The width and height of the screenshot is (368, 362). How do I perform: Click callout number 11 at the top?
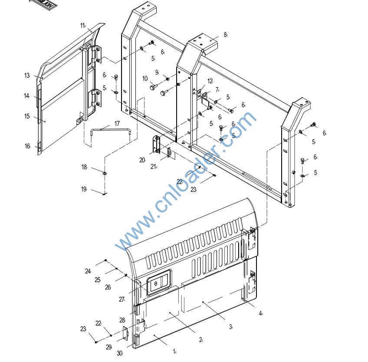click(x=82, y=26)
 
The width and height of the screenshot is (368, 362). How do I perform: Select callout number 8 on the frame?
click(x=225, y=35)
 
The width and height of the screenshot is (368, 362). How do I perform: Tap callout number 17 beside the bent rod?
click(x=117, y=124)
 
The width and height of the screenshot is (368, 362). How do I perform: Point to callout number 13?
click(x=27, y=76)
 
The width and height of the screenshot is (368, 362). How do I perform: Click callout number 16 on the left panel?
click(x=27, y=146)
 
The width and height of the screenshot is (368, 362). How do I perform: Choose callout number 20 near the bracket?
click(x=142, y=160)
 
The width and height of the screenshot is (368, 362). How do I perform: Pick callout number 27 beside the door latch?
click(x=122, y=299)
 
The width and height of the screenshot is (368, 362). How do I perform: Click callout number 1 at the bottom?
click(x=174, y=351)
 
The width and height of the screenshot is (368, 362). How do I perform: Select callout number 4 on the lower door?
click(x=260, y=313)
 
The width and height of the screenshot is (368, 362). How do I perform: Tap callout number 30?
click(x=119, y=353)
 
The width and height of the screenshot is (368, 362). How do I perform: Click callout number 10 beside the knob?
click(x=145, y=79)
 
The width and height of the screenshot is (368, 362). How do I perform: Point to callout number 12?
click(x=210, y=81)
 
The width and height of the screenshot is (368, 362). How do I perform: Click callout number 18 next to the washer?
click(x=84, y=167)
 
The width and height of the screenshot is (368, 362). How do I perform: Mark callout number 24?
click(x=88, y=271)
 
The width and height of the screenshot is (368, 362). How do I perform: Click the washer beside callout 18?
click(x=105, y=173)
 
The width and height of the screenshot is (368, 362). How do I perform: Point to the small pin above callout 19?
click(x=105, y=193)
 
